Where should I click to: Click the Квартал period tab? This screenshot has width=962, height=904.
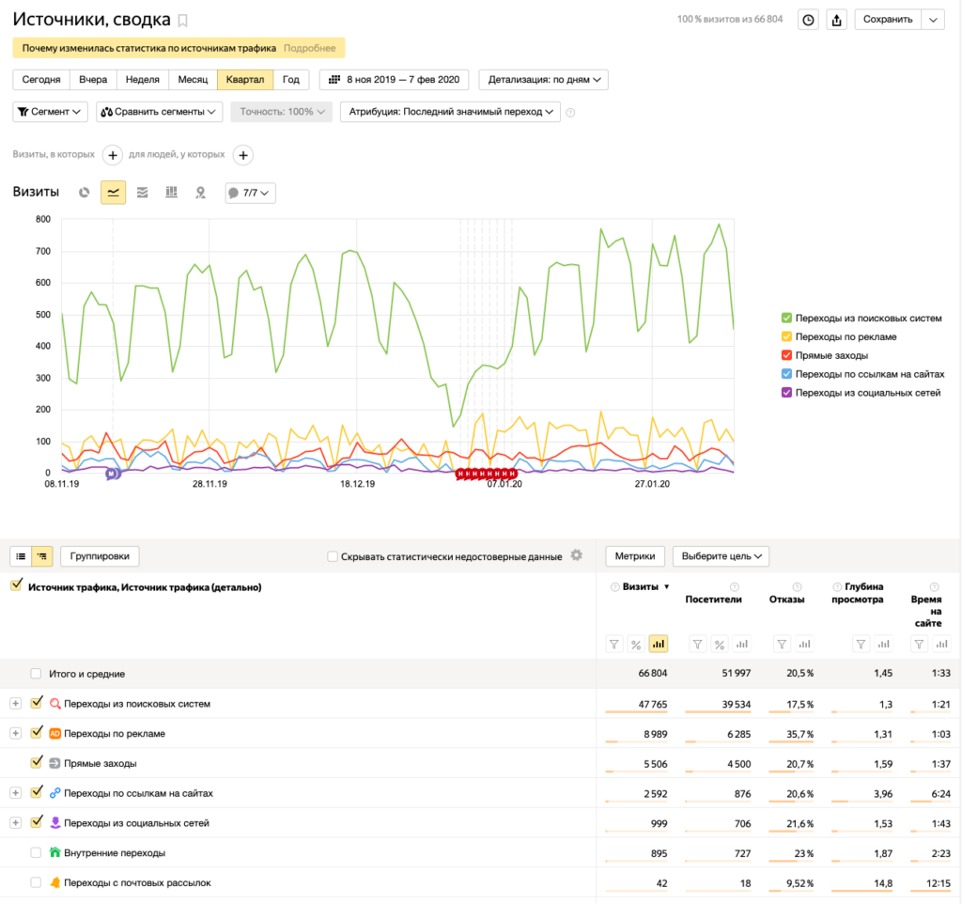pos(245,80)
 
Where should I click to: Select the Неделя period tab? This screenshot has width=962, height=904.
pos(143,80)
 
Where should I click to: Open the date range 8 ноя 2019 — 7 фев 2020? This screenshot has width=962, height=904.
pos(394,80)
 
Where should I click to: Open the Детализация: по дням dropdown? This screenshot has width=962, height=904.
pos(544,80)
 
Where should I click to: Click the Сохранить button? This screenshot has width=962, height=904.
pos(887,20)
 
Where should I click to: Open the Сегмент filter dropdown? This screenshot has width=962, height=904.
pos(51,112)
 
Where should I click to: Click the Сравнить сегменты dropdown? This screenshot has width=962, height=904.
pos(159,112)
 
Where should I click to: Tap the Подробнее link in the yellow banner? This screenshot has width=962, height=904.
pos(309,48)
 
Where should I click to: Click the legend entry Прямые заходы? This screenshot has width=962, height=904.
pos(831,355)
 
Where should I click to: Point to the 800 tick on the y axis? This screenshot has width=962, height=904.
pos(43,219)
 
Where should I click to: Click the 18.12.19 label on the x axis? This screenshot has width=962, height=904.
pos(357,484)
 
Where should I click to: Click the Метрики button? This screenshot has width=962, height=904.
pos(635,556)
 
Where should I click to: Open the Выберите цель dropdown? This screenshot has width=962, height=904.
pos(721,556)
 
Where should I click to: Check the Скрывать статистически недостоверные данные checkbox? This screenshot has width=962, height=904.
pos(333,556)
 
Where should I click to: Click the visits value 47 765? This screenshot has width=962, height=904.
pos(652,705)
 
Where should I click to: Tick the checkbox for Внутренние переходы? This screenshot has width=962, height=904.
pos(37,852)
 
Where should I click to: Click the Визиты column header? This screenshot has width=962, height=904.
pos(640,586)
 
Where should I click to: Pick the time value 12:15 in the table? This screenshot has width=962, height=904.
pos(939,883)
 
